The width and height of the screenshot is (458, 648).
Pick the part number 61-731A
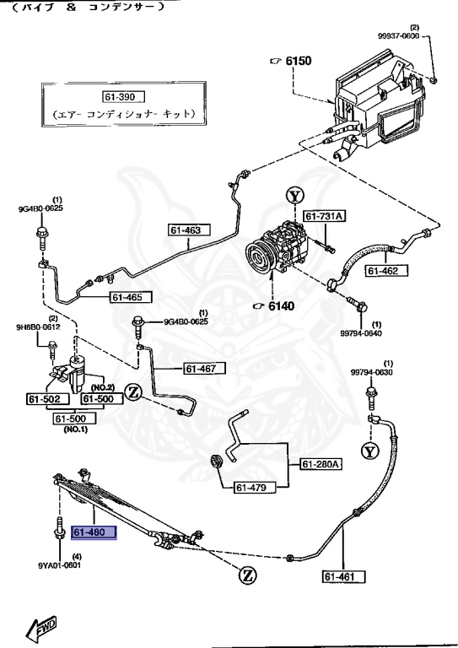[323, 217]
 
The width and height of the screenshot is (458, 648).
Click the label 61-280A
[321, 463]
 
